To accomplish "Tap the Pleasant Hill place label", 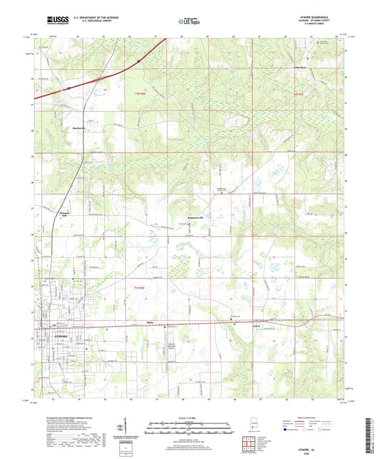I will pyautogui.click(x=61, y=212).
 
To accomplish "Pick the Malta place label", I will pyautogui.click(x=151, y=321).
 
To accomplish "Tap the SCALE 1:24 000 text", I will pyautogui.click(x=190, y=418).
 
